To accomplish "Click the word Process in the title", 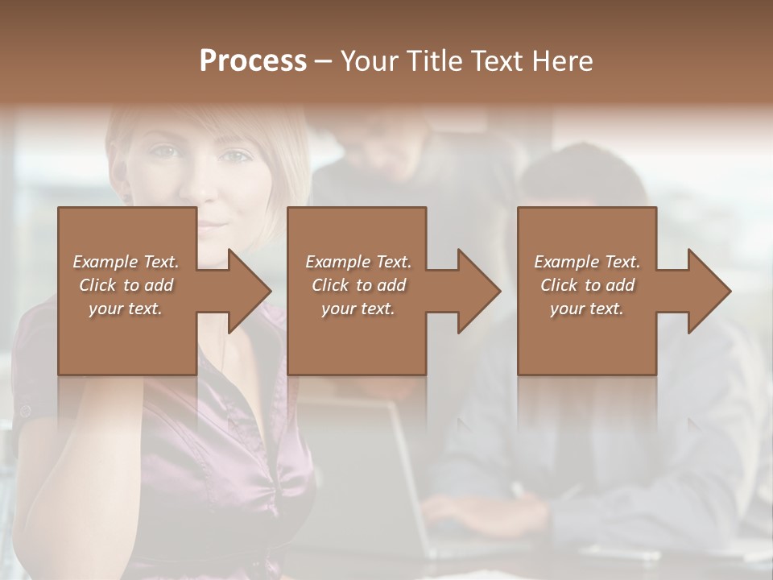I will (x=253, y=61).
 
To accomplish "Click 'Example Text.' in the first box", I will (x=126, y=262).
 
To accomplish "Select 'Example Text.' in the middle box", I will (x=358, y=262).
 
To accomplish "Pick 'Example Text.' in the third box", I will (x=587, y=262).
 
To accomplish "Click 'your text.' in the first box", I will (x=126, y=309).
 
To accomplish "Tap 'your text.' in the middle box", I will (x=358, y=309).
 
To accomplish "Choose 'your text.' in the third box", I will (x=587, y=309).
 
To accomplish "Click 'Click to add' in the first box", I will (x=126, y=285).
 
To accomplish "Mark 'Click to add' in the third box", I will (x=587, y=285).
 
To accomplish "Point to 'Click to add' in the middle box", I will (x=358, y=285).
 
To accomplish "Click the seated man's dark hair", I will (x=584, y=173).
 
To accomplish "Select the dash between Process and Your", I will (x=323, y=62).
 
